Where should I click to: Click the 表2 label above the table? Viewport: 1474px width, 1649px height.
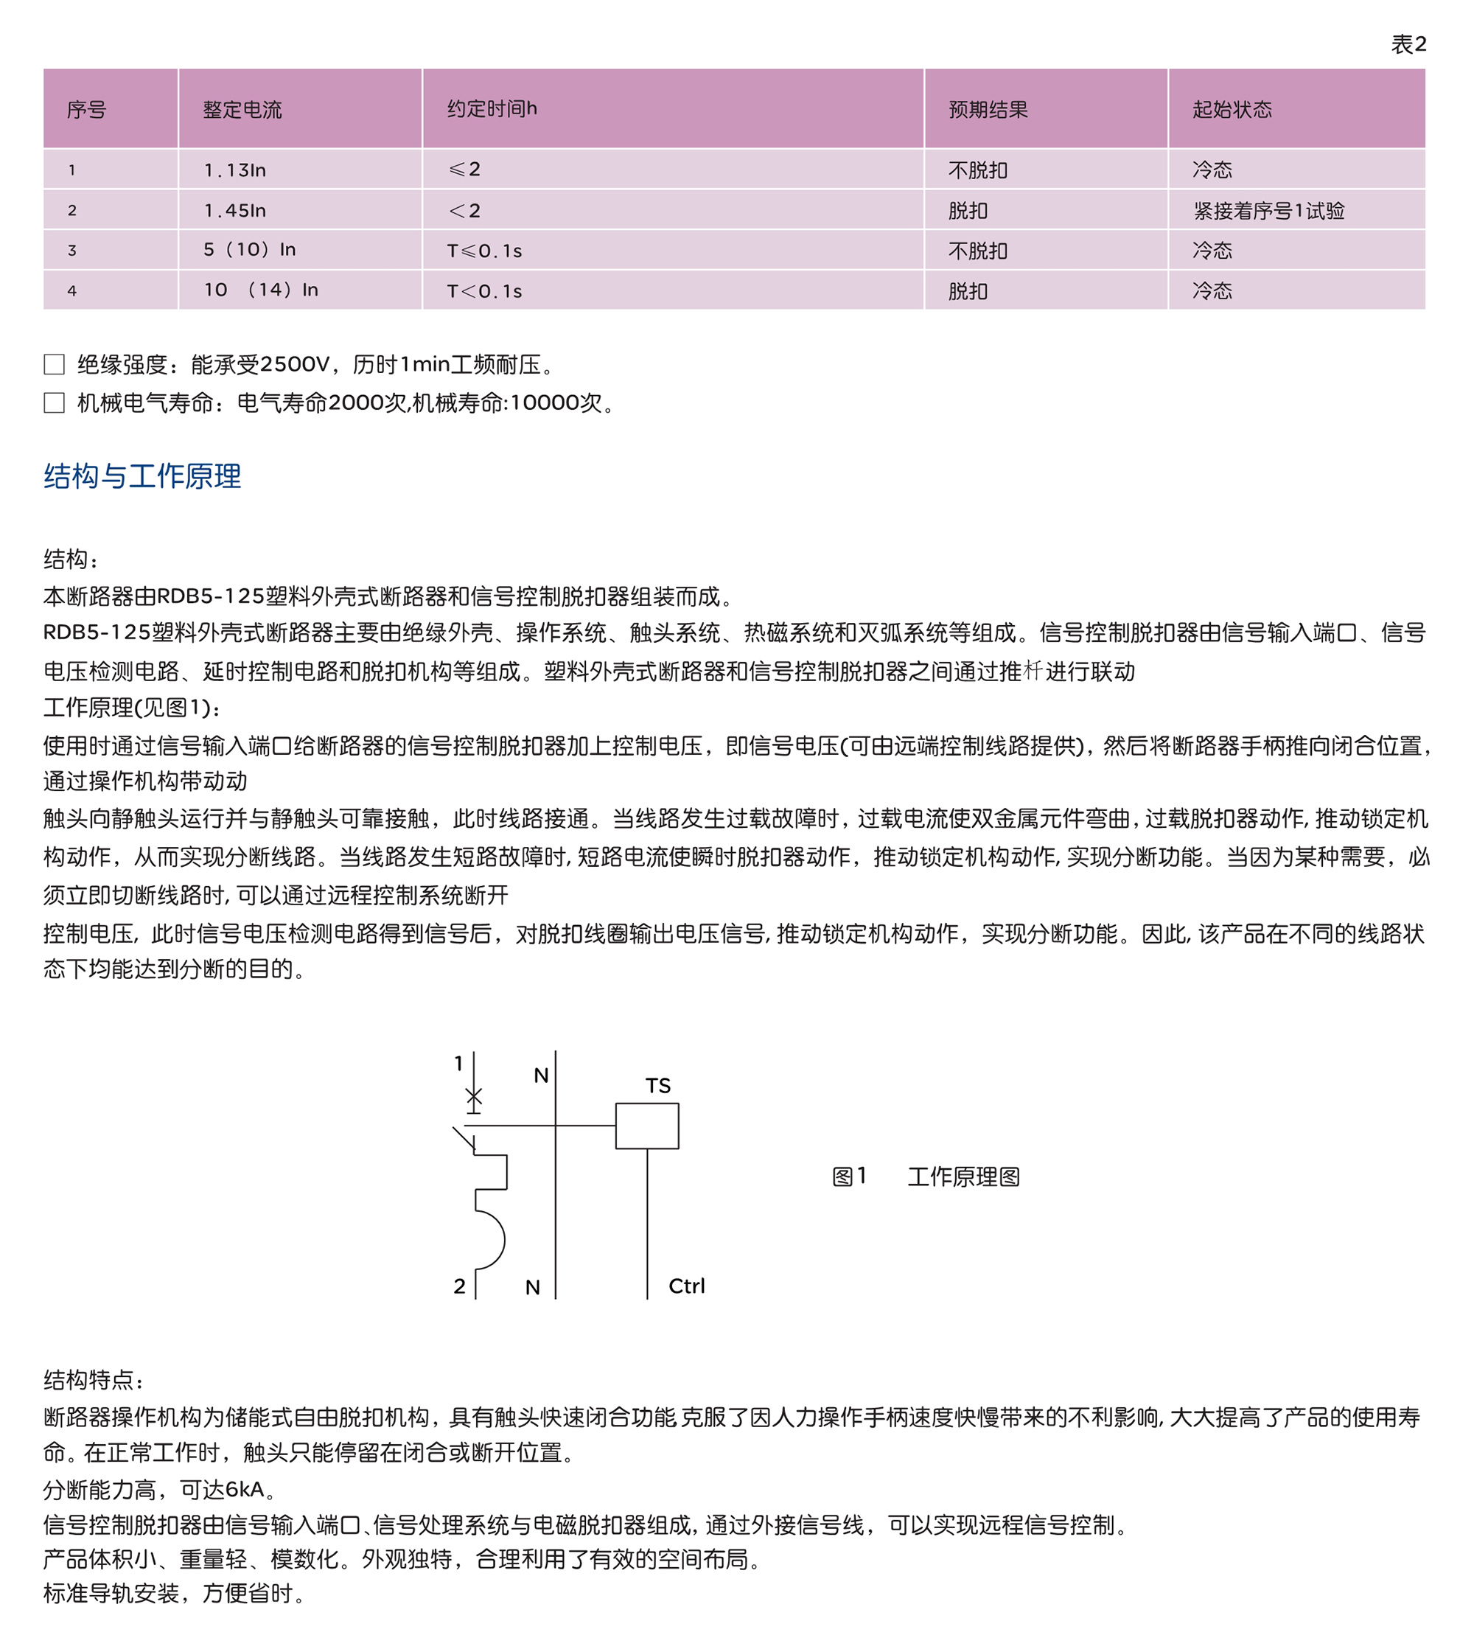(1408, 44)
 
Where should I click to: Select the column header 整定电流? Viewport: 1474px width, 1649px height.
(242, 109)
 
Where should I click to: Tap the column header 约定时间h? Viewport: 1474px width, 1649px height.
(492, 108)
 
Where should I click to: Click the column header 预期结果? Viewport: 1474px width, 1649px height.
(988, 109)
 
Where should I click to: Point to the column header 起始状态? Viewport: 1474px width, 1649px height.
(1231, 109)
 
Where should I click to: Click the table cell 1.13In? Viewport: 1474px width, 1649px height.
(235, 170)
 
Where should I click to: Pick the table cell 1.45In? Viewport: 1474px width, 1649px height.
(235, 211)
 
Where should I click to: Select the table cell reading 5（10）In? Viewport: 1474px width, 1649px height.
(249, 249)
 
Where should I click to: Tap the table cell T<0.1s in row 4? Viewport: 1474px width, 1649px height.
(484, 290)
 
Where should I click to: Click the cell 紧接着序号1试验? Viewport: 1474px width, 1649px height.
(1268, 211)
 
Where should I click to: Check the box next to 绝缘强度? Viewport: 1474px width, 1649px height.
(55, 364)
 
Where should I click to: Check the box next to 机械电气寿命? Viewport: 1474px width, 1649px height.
(55, 402)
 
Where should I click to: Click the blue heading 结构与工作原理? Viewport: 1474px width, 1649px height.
(142, 476)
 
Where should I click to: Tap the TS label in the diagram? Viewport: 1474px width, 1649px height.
(657, 1085)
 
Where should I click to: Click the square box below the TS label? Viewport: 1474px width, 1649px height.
(647, 1126)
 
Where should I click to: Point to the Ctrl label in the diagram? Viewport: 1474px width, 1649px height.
(686, 1286)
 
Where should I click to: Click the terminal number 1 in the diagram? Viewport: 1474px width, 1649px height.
(458, 1064)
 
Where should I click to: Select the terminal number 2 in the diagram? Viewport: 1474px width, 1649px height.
(459, 1286)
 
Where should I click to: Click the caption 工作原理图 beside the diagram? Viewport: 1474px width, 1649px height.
(963, 1176)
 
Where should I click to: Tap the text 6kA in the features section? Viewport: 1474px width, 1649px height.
(245, 1488)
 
